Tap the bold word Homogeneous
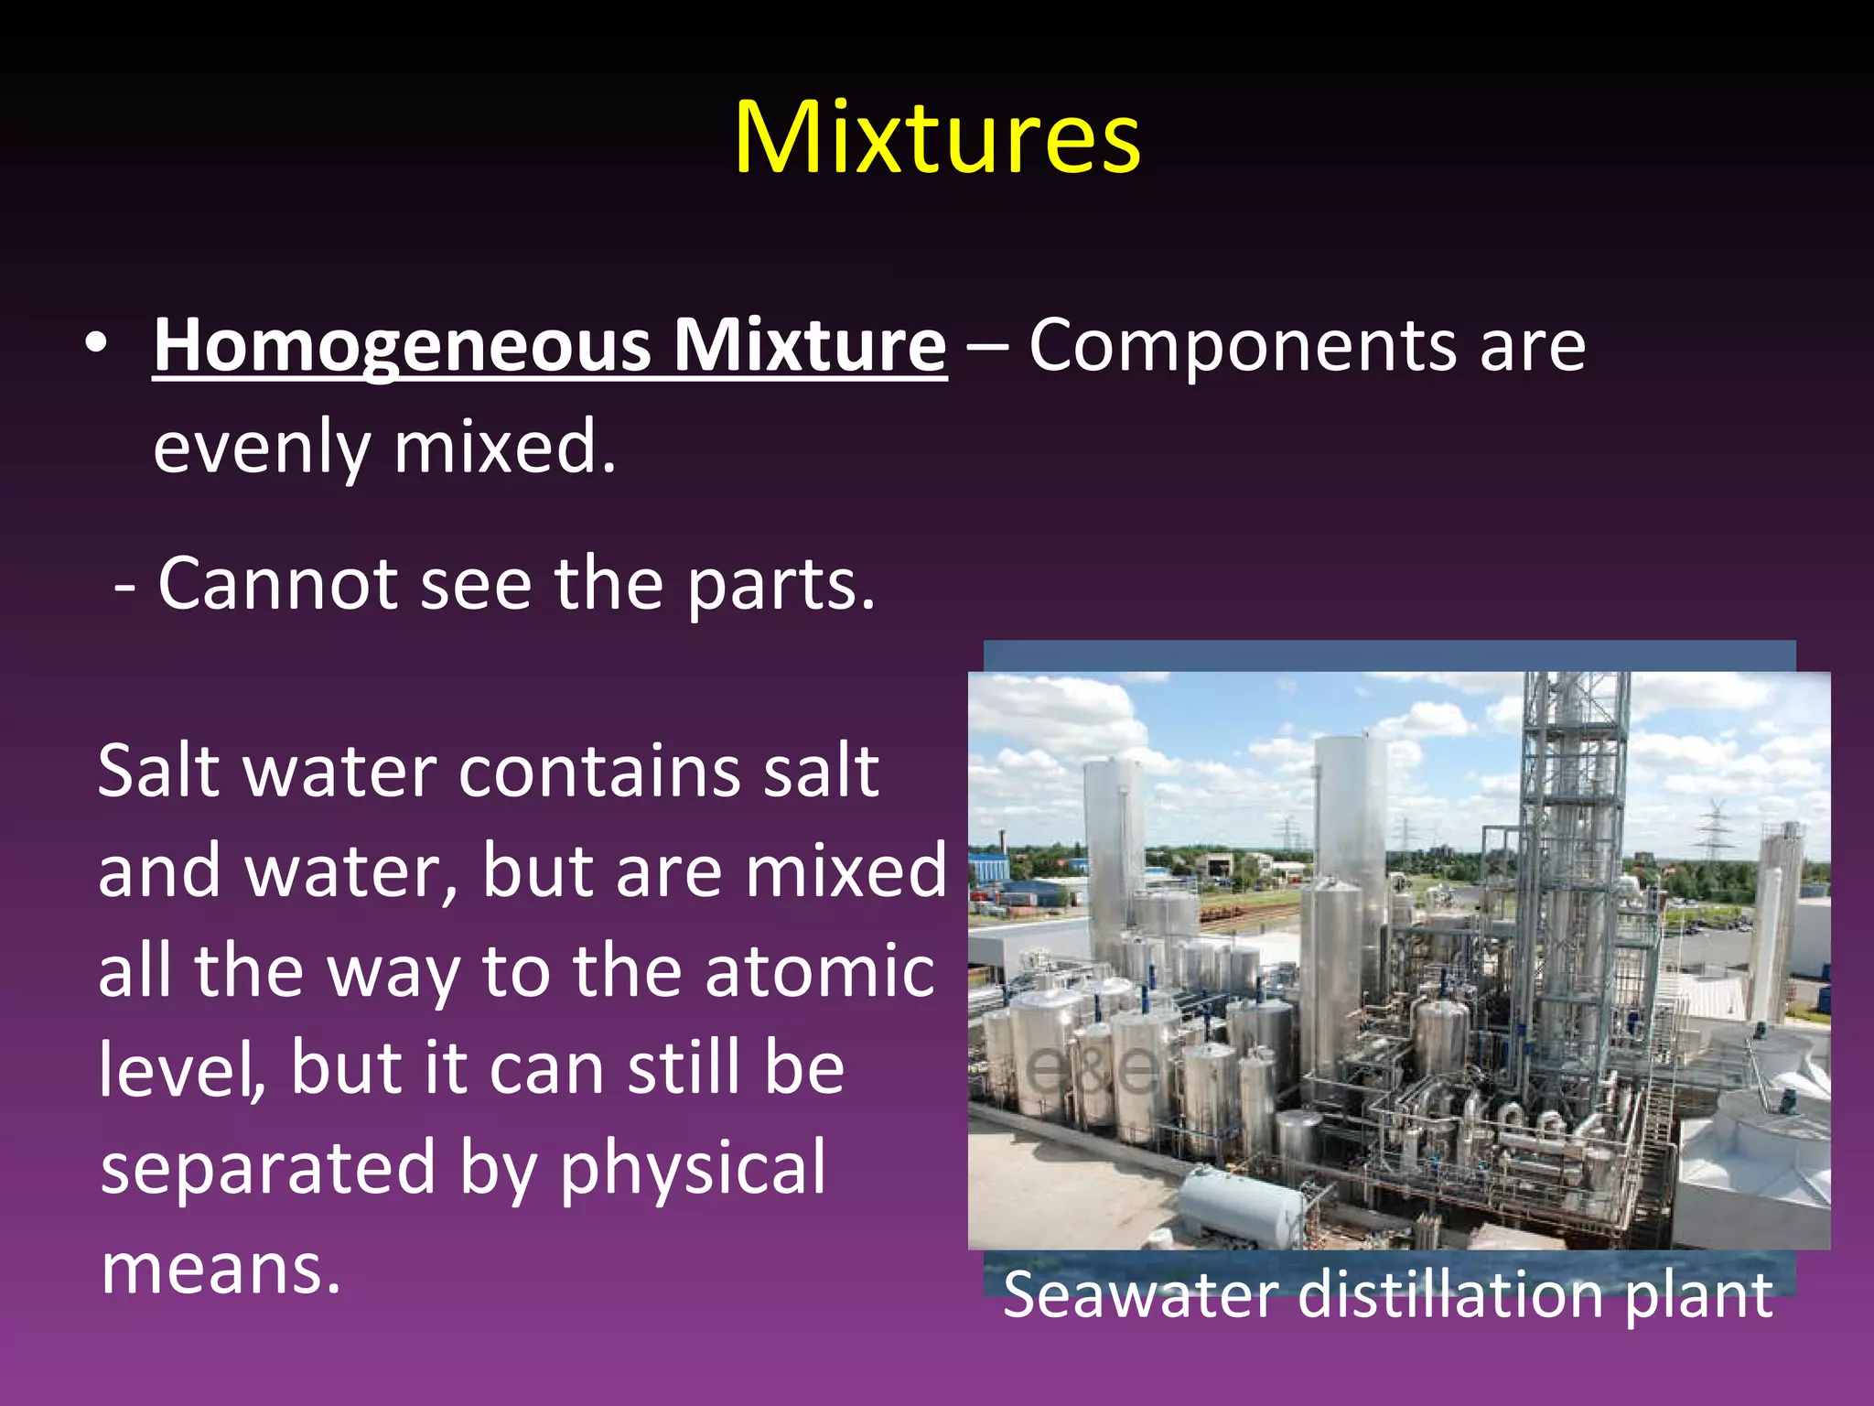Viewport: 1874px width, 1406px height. (x=403, y=346)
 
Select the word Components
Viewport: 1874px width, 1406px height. (x=1242, y=346)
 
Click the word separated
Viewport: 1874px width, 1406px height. (x=267, y=1168)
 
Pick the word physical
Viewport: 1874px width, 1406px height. (x=693, y=1168)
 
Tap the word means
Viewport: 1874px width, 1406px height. (x=221, y=1269)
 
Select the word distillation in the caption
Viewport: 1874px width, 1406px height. (x=1451, y=1295)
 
